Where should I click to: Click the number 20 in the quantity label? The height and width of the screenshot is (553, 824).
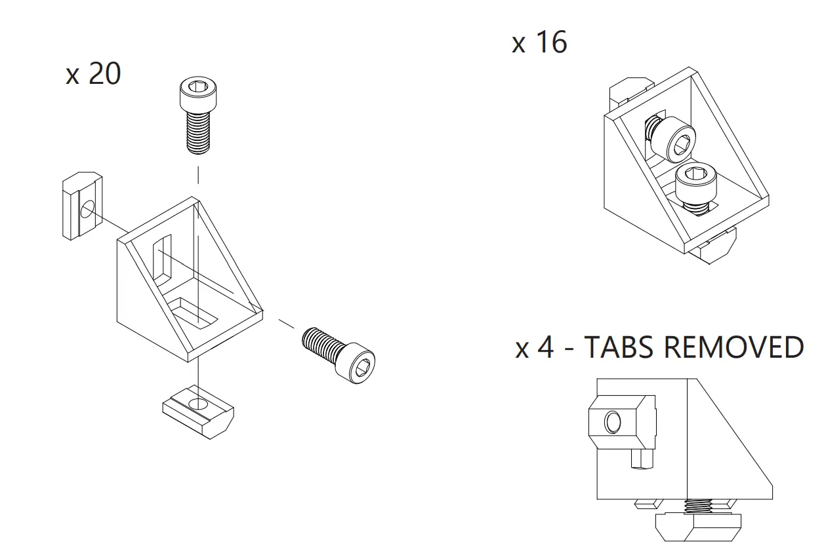tap(104, 74)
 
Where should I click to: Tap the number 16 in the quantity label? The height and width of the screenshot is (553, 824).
tap(550, 43)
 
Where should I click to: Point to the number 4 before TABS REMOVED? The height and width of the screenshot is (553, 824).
tap(545, 347)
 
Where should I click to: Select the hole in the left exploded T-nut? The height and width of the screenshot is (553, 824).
tap(88, 210)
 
